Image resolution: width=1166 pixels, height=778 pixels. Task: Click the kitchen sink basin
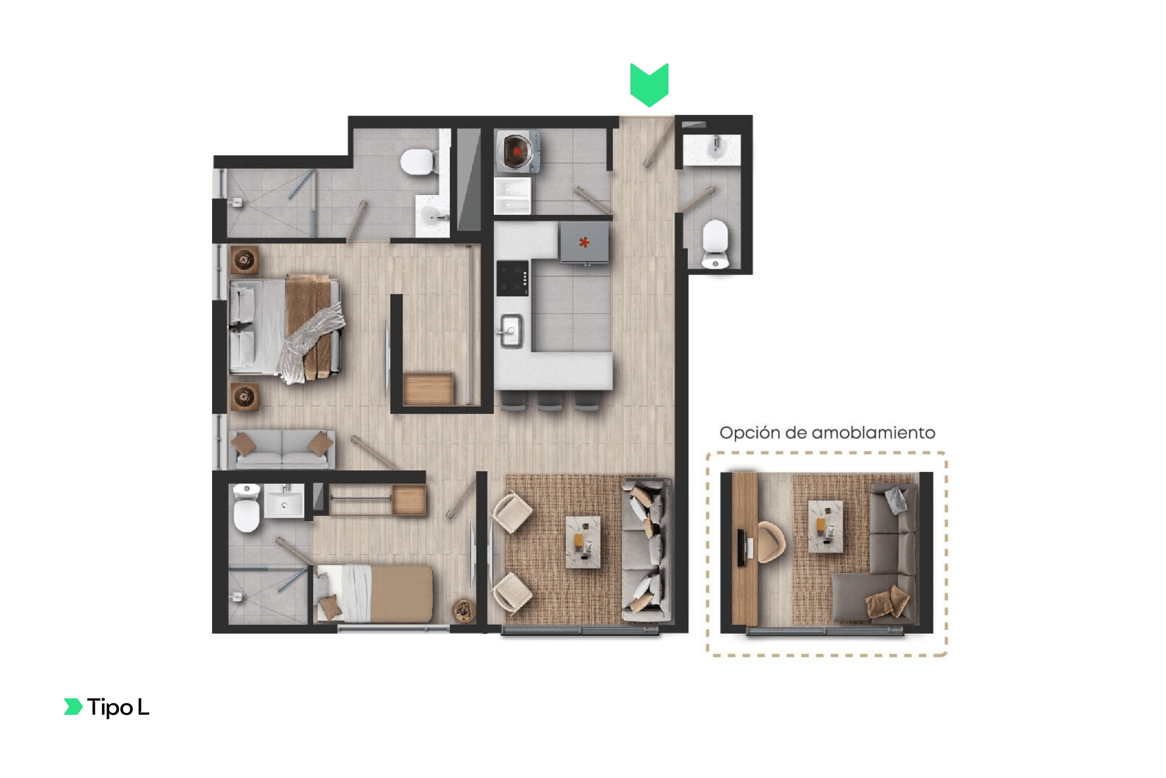click(511, 330)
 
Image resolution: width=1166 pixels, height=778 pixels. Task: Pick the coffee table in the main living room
click(583, 542)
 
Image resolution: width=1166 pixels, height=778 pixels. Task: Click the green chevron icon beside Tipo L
click(73, 707)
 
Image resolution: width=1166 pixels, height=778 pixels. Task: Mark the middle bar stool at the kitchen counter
click(550, 401)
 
